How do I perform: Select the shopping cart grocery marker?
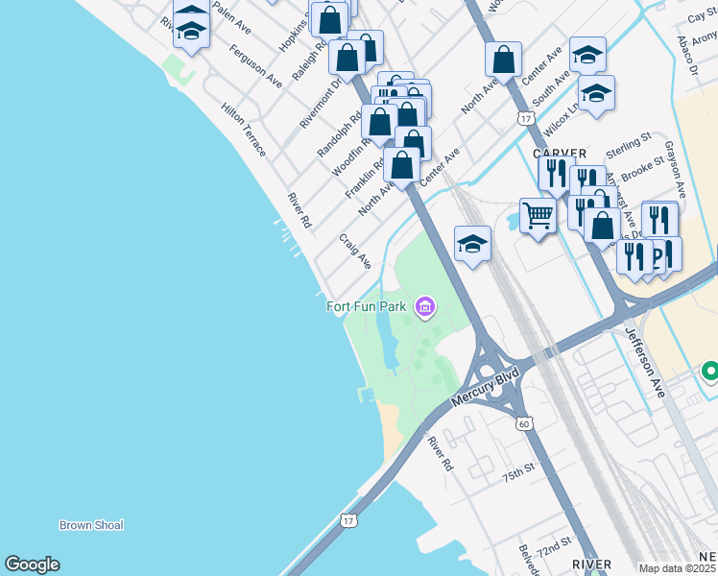point(538,216)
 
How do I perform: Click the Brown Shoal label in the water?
point(91,525)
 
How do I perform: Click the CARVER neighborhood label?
point(560,153)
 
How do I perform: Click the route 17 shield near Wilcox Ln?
point(523,118)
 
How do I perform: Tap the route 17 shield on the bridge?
point(347,519)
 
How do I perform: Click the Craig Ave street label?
point(354,250)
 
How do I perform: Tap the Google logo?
point(32,564)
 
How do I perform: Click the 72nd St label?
point(554,552)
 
